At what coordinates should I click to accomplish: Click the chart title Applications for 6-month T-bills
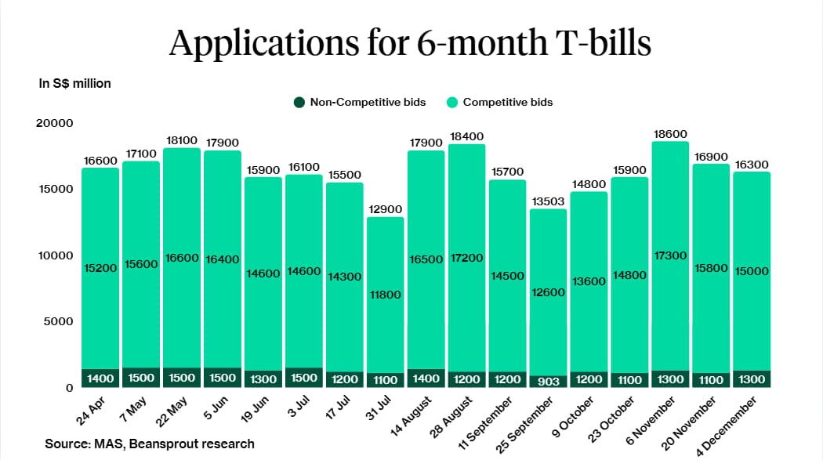[410, 44]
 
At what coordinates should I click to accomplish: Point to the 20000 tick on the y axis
[56, 123]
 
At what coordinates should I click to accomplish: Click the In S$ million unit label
[75, 83]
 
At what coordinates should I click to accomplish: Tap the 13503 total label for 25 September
[548, 201]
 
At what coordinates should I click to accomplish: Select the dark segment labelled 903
[548, 380]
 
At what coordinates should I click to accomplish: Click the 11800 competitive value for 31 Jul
[385, 295]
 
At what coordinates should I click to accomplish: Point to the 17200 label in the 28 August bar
[466, 258]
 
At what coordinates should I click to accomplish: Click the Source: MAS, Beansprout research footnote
[150, 444]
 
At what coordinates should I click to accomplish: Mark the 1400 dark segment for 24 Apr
[100, 379]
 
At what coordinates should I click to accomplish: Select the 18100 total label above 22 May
[181, 140]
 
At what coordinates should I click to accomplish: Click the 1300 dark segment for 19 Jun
[263, 379]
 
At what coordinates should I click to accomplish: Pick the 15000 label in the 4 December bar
[751, 270]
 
